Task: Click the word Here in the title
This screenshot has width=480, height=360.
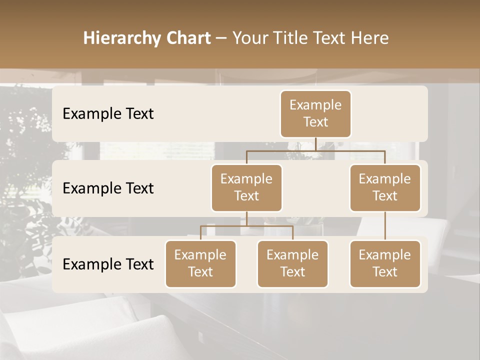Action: click(370, 38)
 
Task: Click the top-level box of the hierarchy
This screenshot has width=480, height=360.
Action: click(315, 113)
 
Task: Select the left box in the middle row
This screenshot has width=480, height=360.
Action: click(246, 187)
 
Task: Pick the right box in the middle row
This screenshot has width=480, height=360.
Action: click(385, 187)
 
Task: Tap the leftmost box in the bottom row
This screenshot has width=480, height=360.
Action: click(200, 263)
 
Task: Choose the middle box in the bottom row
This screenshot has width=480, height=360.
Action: click(292, 263)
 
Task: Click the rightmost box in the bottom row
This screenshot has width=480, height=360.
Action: click(385, 263)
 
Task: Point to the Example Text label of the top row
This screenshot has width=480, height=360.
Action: click(108, 113)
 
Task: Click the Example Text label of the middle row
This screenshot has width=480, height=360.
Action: click(108, 188)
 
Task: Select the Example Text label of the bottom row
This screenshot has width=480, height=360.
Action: click(108, 264)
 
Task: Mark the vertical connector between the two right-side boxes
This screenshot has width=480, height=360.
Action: click(385, 226)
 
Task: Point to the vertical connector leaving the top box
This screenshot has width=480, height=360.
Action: click(315, 144)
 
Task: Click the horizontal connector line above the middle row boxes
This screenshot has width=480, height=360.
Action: click(315, 150)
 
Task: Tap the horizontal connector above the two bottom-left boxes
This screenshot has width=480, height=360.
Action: click(246, 226)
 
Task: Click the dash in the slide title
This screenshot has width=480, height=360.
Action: click(221, 38)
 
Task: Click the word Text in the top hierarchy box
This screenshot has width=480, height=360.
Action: click(315, 122)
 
